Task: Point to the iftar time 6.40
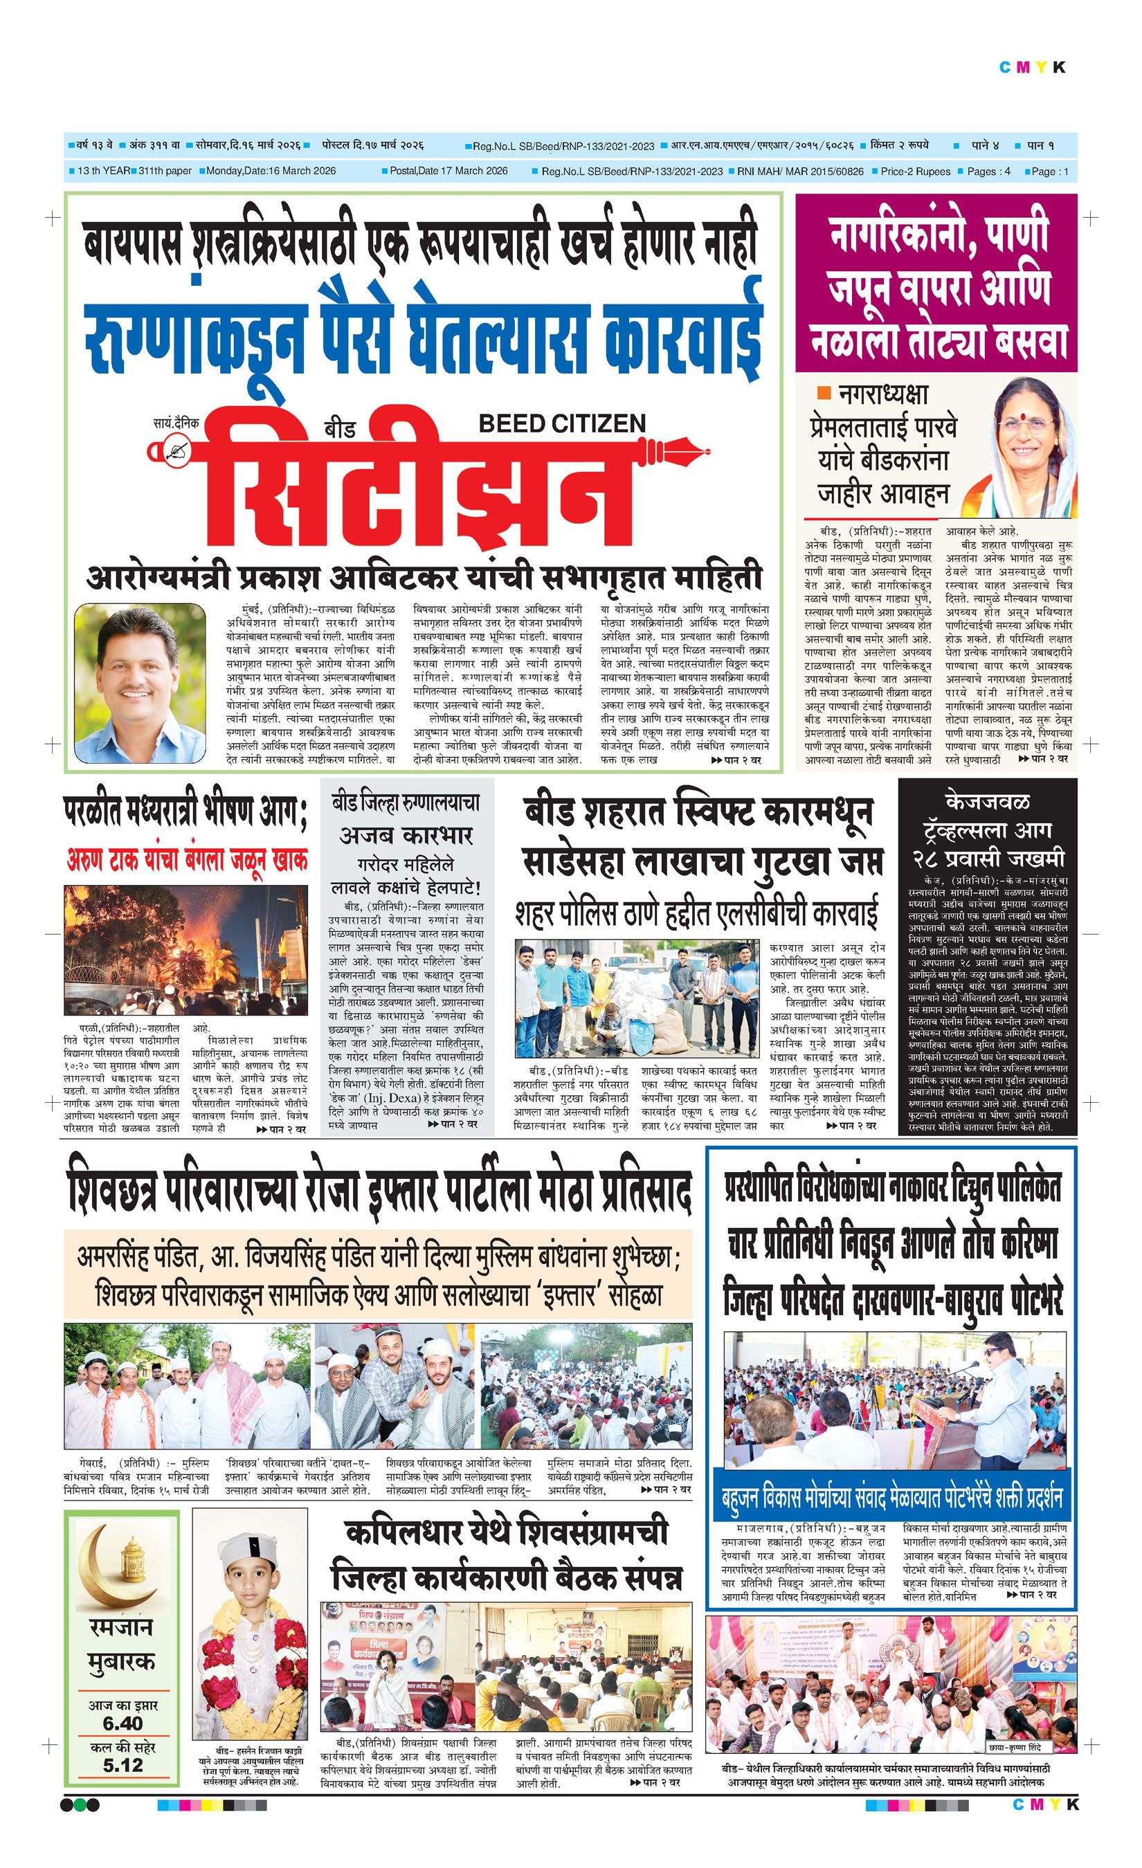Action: pyautogui.click(x=122, y=1723)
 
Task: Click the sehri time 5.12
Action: pyautogui.click(x=122, y=1766)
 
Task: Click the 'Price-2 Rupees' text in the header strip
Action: pyautogui.click(x=915, y=172)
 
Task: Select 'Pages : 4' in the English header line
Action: pyautogui.click(x=988, y=172)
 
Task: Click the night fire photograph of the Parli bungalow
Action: pyautogui.click(x=185, y=951)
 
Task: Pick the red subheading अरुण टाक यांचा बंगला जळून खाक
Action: pyautogui.click(x=188, y=861)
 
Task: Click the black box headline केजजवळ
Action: pyautogui.click(x=986, y=802)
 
